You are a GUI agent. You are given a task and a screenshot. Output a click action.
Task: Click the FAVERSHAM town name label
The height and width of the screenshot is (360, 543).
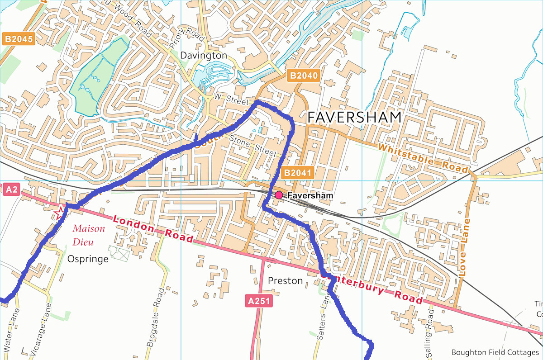tap(354, 117)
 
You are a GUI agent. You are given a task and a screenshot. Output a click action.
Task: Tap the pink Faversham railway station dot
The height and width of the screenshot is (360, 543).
tap(279, 195)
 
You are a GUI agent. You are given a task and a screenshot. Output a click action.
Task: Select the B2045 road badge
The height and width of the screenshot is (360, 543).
tap(19, 39)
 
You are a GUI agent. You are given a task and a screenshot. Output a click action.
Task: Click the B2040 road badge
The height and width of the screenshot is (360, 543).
tap(304, 76)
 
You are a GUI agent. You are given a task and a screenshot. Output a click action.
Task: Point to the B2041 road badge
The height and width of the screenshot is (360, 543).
tap(297, 172)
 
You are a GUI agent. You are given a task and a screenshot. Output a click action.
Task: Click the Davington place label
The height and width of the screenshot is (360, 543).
tap(203, 55)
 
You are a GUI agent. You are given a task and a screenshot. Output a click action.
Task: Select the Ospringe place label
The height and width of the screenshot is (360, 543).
tap(88, 259)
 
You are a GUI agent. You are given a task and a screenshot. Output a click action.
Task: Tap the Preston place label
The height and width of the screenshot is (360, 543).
tap(285, 281)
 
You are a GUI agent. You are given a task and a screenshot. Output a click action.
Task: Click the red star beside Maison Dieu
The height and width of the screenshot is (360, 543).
tap(59, 212)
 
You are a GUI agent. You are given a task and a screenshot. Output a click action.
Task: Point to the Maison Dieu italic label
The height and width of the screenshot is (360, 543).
tap(89, 235)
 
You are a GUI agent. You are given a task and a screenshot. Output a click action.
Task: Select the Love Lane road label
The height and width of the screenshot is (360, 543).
tap(464, 247)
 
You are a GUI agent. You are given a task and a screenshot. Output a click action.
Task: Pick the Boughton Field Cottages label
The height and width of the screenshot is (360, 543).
tap(495, 352)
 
